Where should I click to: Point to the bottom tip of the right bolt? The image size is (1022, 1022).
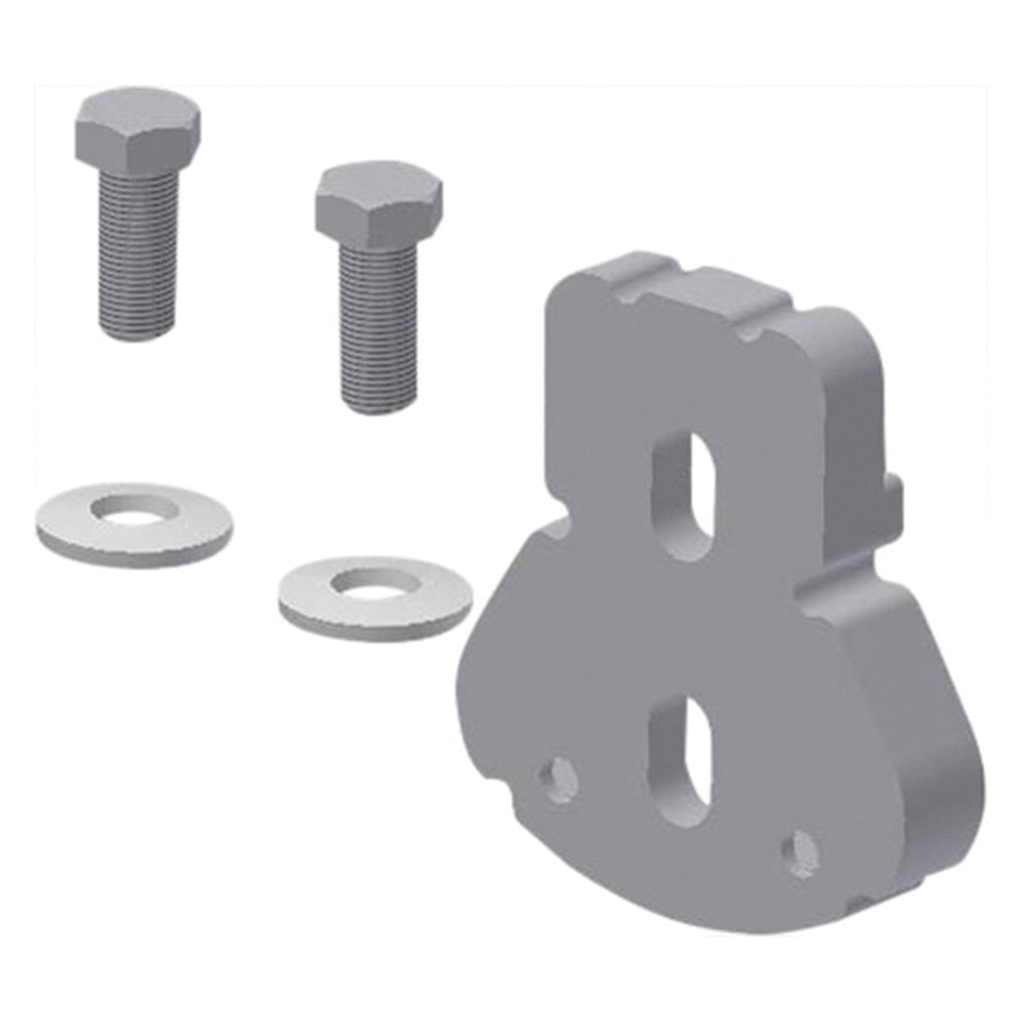(x=381, y=409)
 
